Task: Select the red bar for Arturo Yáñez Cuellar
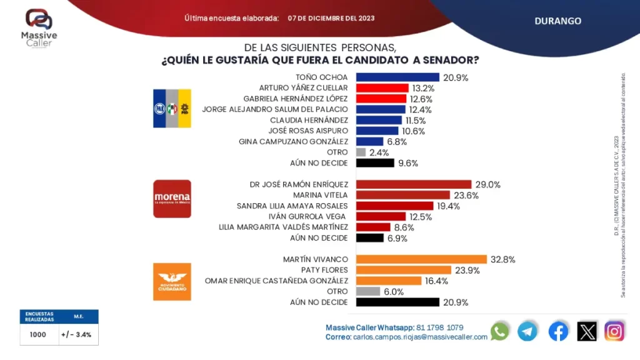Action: tap(382, 88)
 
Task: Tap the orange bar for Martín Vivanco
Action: tap(421, 259)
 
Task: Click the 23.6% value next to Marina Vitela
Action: tap(465, 195)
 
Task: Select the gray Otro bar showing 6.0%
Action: tap(368, 291)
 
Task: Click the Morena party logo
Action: tap(172, 199)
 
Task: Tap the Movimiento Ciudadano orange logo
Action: tap(172, 281)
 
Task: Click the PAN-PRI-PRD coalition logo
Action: tap(172, 108)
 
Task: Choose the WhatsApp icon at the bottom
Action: tap(500, 331)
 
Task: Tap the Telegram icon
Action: tap(528, 331)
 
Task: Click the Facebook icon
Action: tap(558, 331)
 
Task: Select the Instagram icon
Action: tap(614, 331)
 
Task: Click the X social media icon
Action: tap(587, 331)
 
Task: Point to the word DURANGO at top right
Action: tap(557, 21)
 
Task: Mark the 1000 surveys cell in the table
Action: tap(38, 334)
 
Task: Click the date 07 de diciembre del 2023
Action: tap(331, 18)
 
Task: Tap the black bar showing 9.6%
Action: tap(375, 163)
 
